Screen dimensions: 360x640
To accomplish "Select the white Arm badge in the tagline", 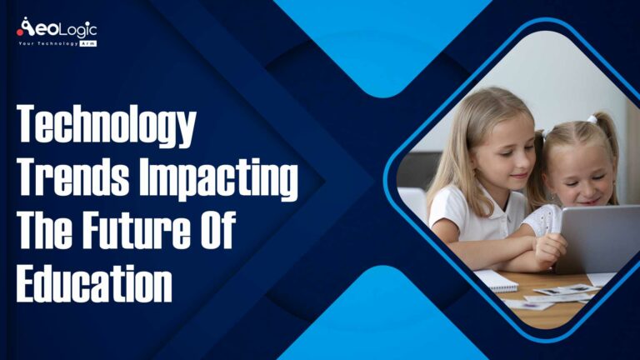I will coord(87,43).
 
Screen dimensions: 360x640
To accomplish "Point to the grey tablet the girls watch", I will coord(596,237).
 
